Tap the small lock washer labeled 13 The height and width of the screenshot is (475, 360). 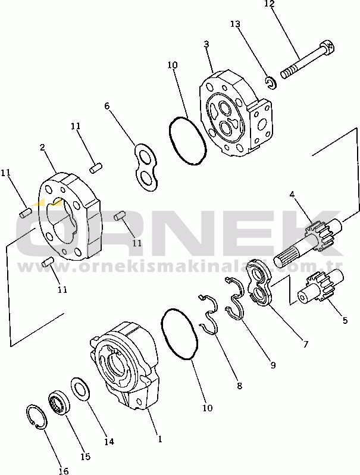[x=270, y=83]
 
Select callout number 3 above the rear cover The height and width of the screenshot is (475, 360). [x=206, y=44]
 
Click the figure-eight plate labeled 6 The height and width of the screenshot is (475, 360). [x=146, y=167]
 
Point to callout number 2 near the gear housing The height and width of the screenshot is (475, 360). [x=42, y=148]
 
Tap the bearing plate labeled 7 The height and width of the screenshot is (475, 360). [x=260, y=282]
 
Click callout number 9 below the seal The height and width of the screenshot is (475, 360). [x=273, y=365]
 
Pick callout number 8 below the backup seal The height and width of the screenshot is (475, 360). [x=239, y=386]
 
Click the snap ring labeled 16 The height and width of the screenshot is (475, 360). [x=36, y=417]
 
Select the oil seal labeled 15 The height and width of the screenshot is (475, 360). [x=59, y=403]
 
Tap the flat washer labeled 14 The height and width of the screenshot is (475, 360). [x=80, y=389]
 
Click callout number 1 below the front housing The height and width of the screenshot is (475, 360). [x=159, y=438]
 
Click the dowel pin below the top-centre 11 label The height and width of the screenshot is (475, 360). [x=96, y=168]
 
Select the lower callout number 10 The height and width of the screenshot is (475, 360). [x=208, y=408]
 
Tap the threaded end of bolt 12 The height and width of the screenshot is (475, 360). [x=287, y=73]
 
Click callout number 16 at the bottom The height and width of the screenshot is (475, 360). [x=64, y=471]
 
